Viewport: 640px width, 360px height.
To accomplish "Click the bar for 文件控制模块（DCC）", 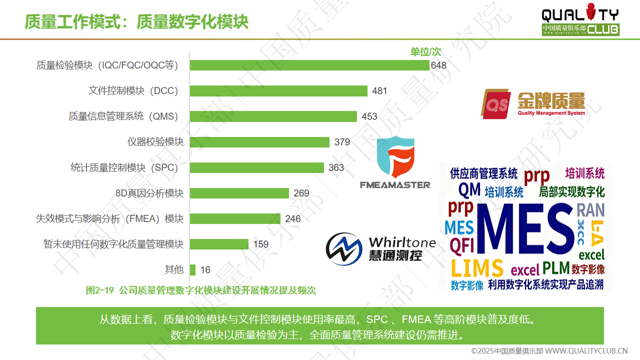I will (278, 91).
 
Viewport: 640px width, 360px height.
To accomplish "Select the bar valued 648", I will (309, 65).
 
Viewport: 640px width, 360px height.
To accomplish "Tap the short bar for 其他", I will (192, 269).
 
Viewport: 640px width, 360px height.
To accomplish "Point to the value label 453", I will (369, 116).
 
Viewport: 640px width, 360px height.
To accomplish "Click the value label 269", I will (301, 193).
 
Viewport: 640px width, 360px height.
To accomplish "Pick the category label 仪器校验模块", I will (155, 142).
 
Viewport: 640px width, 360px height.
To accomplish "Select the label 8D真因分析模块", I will (149, 193).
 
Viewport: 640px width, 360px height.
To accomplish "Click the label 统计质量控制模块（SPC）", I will (124, 167).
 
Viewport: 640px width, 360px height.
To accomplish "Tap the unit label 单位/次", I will (425, 51).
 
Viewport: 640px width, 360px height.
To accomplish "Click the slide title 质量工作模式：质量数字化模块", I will (136, 22).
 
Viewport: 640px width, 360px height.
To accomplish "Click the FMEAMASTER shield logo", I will (395, 157).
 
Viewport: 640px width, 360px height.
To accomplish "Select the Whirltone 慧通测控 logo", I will (380, 248).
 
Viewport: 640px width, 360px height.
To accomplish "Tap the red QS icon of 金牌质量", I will (495, 104).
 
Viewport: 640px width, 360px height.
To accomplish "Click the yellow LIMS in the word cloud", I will (476, 268).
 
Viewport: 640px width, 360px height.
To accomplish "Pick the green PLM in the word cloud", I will (556, 267).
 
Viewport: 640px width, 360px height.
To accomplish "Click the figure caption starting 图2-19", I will (200, 290).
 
